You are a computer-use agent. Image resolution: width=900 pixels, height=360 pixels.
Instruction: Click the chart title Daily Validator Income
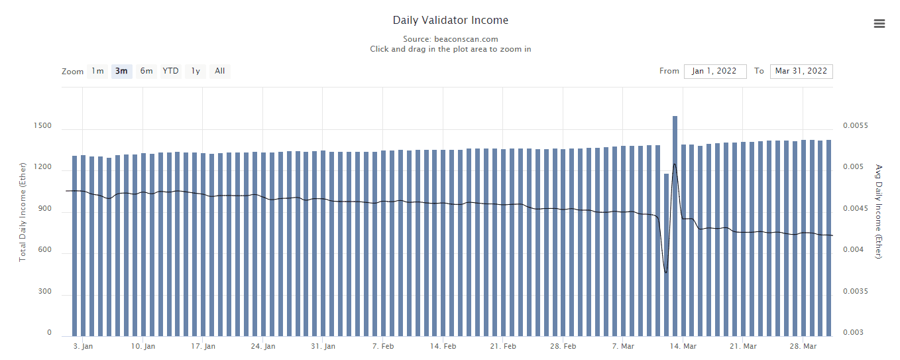click(x=450, y=21)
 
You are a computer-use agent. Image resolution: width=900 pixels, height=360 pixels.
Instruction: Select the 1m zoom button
click(x=97, y=71)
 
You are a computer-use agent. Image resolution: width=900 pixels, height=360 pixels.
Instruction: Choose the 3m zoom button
click(x=121, y=71)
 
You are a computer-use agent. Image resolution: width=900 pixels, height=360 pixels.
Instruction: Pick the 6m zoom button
click(x=146, y=71)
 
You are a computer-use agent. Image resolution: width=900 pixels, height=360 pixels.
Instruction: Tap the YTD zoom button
click(x=170, y=71)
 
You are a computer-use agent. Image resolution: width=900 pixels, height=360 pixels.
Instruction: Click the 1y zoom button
click(x=196, y=71)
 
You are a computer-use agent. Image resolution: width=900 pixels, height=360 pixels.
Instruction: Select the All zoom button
click(x=220, y=71)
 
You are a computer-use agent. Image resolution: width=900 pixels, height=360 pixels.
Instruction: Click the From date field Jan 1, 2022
click(x=714, y=71)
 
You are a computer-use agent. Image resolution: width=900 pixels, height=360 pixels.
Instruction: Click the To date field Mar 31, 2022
click(x=801, y=71)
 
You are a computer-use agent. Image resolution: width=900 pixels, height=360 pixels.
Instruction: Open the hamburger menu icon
click(x=879, y=24)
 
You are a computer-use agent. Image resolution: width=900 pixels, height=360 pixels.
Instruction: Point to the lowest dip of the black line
click(x=666, y=272)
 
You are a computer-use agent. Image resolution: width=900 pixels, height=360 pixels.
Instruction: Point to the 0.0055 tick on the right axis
click(x=856, y=125)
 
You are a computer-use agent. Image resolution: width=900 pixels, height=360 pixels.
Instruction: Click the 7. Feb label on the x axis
click(x=383, y=346)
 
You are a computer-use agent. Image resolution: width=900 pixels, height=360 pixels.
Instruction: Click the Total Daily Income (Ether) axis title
click(x=23, y=211)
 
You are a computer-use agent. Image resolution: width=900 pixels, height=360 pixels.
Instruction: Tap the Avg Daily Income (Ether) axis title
click(x=879, y=211)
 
